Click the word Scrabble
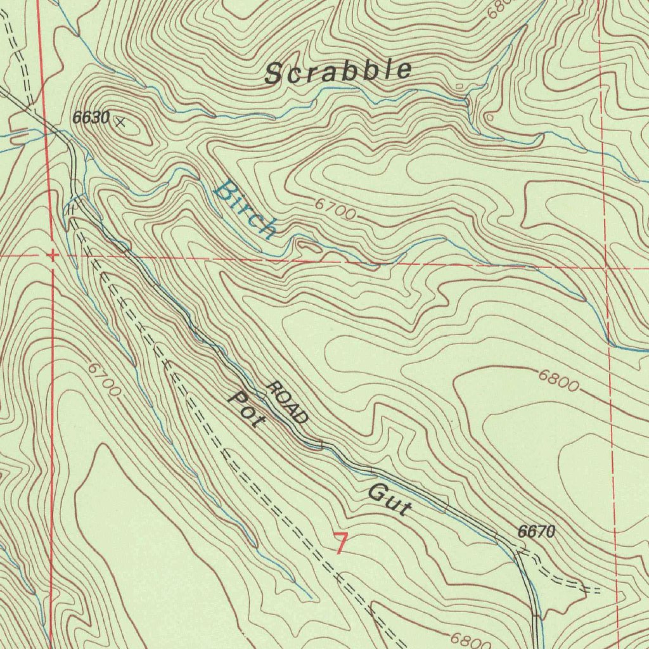coord(338,71)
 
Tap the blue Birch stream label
coord(245,209)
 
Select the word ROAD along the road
coord(288,403)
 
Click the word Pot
coord(245,409)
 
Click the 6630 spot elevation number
coord(91,117)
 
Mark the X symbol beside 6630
coord(120,122)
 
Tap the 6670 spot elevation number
coord(536,532)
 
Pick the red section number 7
coord(341,544)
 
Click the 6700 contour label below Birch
coord(335,210)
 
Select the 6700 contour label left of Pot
coord(103,380)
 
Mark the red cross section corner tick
coord(52,255)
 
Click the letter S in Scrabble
coord(273,75)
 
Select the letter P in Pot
coord(236,399)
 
